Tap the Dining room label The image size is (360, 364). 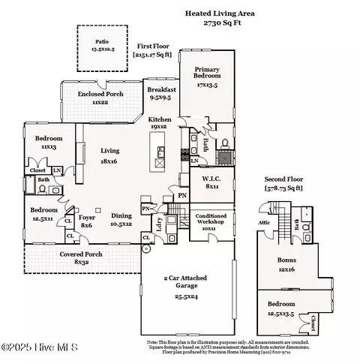point(121,219)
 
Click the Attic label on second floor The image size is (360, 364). point(264,223)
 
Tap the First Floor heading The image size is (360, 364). point(153,46)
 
